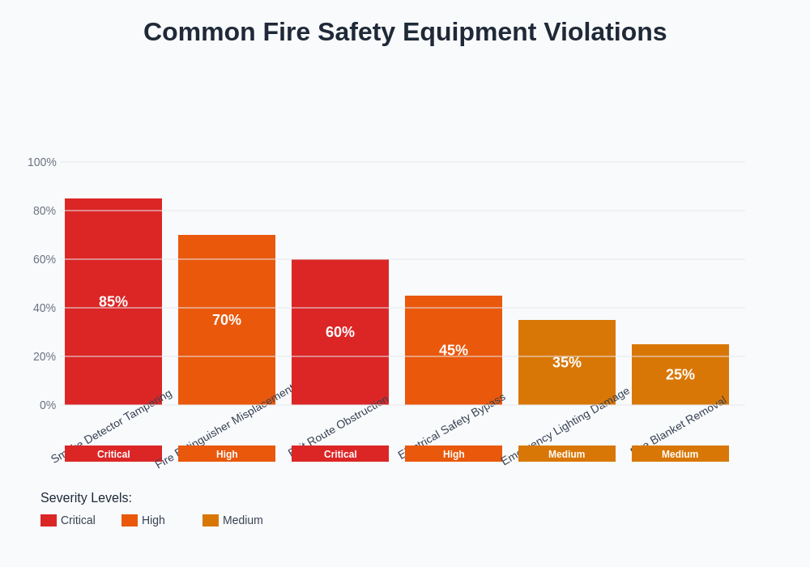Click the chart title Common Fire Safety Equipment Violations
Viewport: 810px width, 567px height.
405,32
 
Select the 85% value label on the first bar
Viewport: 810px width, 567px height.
113,301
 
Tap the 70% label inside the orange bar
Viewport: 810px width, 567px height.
227,320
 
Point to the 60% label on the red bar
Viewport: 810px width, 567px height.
340,332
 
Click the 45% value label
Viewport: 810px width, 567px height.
454,350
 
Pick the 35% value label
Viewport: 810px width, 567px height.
567,362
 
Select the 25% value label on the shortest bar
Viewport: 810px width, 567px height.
680,374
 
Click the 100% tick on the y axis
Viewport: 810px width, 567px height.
42,162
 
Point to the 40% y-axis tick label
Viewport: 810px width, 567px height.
45,308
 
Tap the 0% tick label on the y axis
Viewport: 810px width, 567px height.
48,405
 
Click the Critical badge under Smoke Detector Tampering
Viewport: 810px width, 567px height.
113,454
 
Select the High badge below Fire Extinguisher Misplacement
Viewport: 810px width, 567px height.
227,454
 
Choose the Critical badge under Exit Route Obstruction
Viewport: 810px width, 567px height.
340,454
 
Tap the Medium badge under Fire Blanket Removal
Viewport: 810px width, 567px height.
680,454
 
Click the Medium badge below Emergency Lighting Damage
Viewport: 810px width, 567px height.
567,454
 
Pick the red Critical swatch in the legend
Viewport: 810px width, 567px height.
49,520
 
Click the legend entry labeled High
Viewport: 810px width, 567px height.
152,520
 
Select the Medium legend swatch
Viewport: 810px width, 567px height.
211,520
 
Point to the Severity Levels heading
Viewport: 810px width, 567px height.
86,497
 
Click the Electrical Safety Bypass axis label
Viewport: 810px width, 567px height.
452,425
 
